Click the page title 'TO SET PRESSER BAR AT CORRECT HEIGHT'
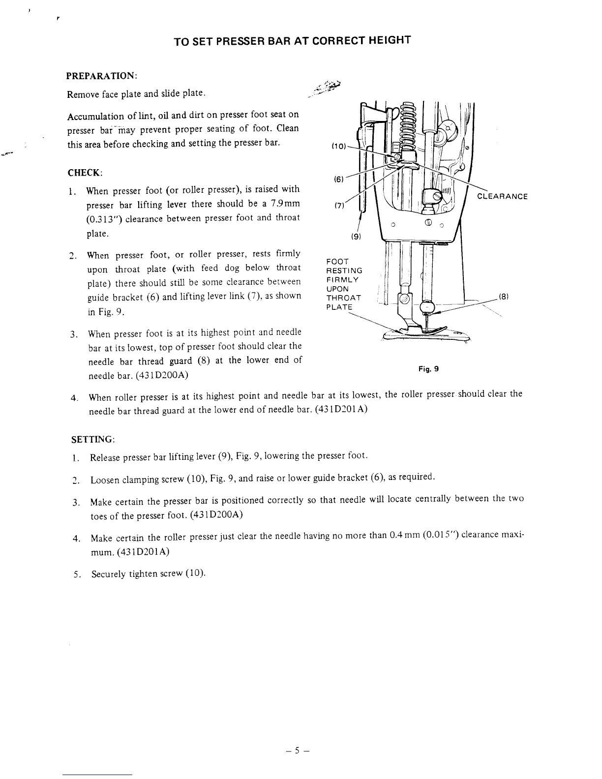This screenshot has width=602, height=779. coord(292,40)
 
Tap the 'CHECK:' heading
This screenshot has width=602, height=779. coord(85,173)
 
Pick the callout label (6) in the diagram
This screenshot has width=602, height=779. coord(339,180)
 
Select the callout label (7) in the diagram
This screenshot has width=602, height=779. coord(339,205)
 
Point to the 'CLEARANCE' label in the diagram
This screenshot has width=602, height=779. coord(502,197)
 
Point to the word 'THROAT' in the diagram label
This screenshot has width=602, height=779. coord(344,298)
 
